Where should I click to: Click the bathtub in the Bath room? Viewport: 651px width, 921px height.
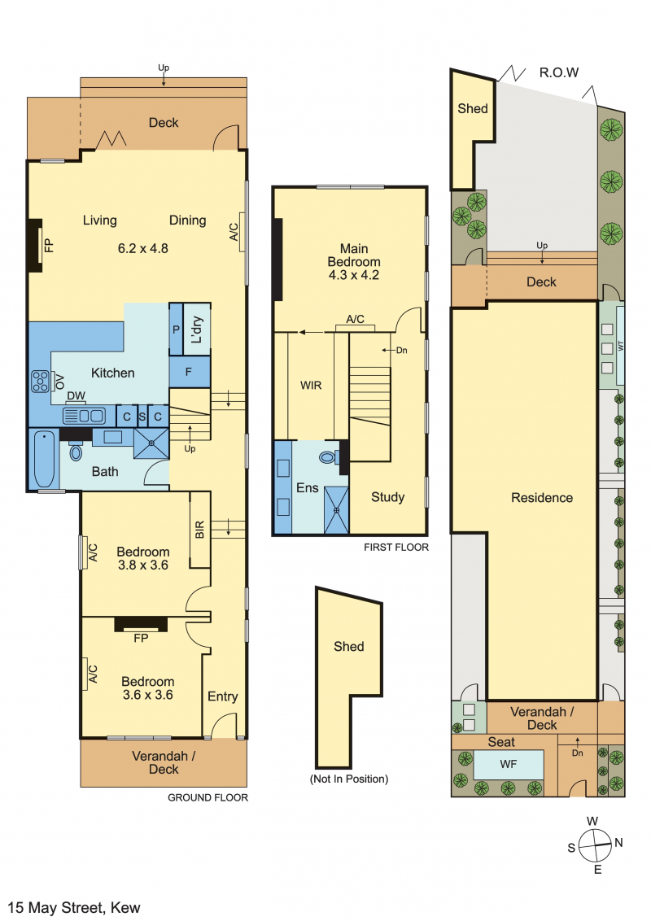(45, 460)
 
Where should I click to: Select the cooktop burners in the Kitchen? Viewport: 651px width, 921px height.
(40, 382)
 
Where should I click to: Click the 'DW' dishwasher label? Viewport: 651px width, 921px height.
(76, 396)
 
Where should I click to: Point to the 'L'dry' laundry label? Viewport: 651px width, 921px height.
(197, 330)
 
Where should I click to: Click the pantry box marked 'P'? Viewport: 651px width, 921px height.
(176, 329)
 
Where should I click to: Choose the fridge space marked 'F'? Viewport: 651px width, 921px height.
(189, 372)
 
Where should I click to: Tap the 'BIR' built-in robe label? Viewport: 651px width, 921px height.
(199, 530)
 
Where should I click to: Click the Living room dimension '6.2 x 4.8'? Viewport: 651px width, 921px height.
(142, 248)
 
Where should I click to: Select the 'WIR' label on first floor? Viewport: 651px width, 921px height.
(311, 386)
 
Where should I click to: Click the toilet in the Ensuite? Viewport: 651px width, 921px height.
(328, 456)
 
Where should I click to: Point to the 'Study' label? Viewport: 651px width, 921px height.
(388, 497)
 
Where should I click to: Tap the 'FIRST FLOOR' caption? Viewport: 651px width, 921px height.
(396, 548)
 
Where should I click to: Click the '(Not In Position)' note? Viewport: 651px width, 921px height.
(349, 779)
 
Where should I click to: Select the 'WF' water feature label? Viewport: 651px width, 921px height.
(509, 764)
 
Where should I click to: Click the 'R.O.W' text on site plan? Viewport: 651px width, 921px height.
(559, 73)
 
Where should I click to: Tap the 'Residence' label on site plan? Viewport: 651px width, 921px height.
(542, 498)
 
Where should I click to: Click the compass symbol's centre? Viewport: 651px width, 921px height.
(595, 846)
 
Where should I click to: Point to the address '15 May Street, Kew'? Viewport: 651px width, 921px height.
(74, 907)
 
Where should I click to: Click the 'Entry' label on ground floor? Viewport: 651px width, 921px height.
(223, 696)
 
